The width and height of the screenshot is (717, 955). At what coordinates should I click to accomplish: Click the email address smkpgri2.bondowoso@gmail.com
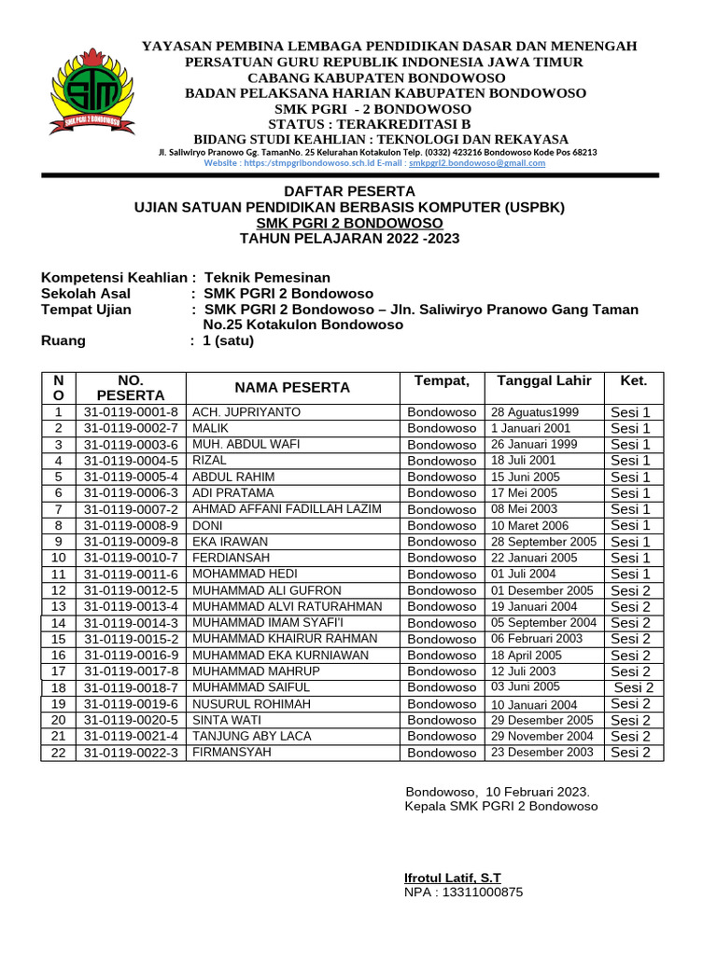coord(477,162)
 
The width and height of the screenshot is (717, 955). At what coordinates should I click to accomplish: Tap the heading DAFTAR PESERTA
coord(350,191)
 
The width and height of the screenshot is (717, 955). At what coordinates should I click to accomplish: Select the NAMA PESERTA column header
coord(292,387)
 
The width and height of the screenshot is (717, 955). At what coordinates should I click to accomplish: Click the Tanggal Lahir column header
coord(543,381)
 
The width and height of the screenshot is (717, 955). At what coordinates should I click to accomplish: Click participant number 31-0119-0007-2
coord(131,509)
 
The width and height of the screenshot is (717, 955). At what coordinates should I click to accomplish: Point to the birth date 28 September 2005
coord(543,542)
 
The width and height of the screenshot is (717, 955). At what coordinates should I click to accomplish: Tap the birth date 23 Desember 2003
coord(541,752)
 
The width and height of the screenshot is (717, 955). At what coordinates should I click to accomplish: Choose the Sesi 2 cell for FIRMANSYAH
coord(631,753)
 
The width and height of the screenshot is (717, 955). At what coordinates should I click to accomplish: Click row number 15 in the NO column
coord(59,639)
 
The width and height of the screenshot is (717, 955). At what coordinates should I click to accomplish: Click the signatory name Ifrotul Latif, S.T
coord(452,879)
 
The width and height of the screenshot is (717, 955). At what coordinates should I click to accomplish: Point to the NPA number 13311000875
coord(464,893)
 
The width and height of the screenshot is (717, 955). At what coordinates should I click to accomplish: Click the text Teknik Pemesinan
coord(267,278)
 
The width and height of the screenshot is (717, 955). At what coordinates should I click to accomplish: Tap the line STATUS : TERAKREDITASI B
coord(369,124)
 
